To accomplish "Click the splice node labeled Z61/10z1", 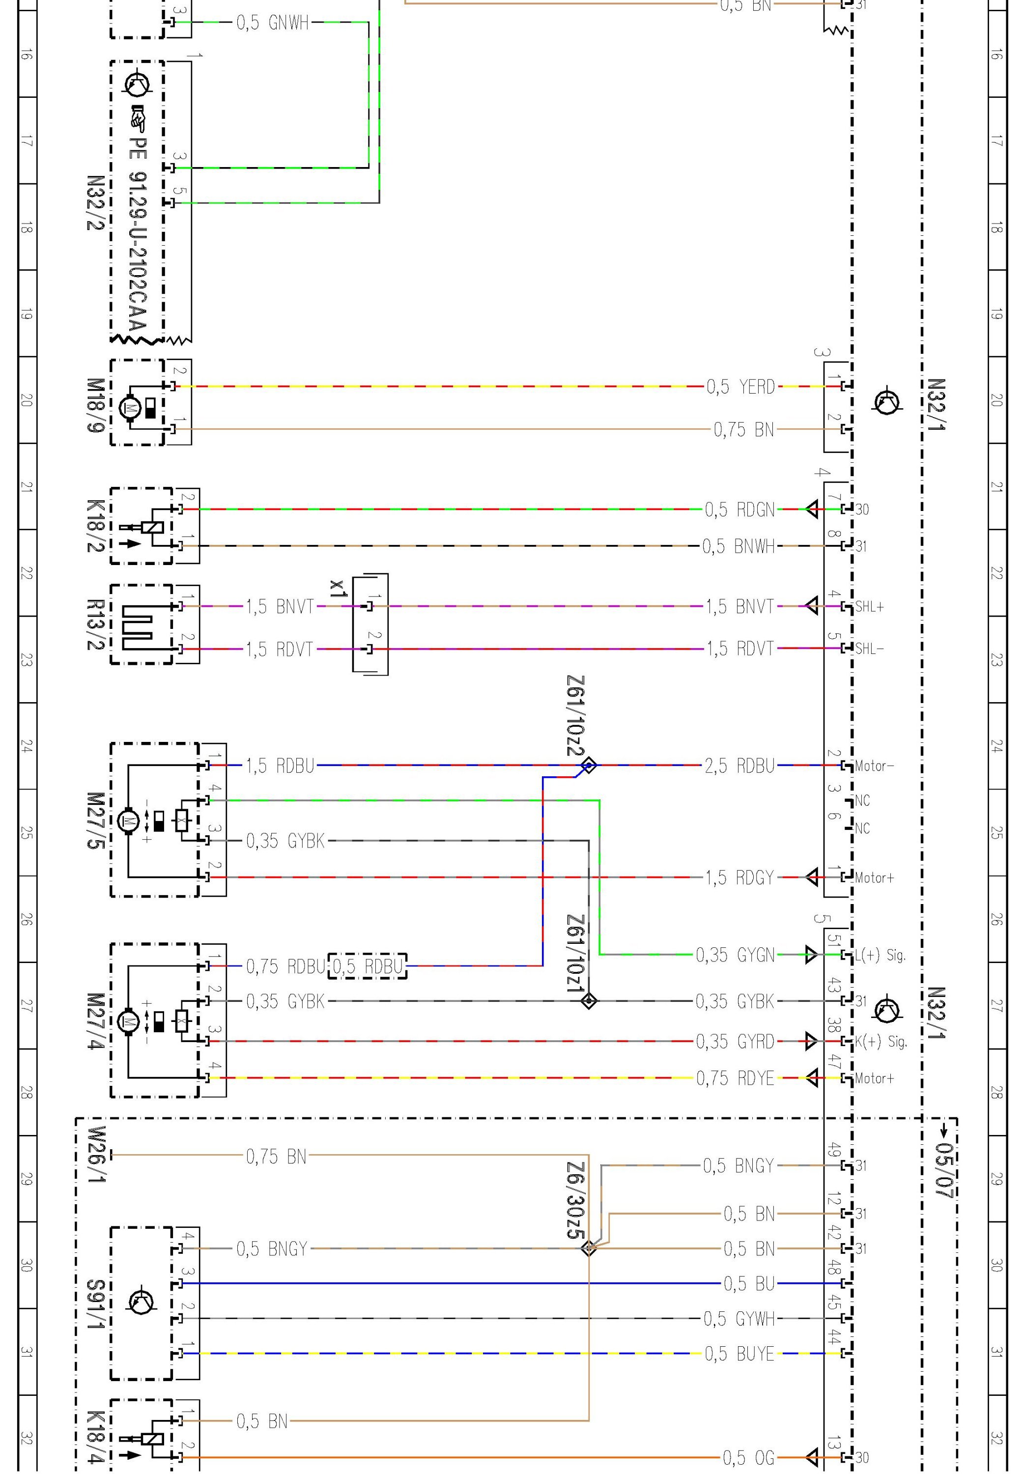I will coord(589,1000).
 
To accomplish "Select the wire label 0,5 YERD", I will coord(740,387).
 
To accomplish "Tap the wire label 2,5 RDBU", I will coord(739,765).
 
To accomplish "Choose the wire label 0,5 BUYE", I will coord(739,1354).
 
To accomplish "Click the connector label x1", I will coord(338,588).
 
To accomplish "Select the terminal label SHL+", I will coord(870,606).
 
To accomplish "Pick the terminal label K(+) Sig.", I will coord(880,1041).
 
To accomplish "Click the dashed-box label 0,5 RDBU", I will coord(368,965).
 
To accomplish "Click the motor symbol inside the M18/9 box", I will coord(132,407).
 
